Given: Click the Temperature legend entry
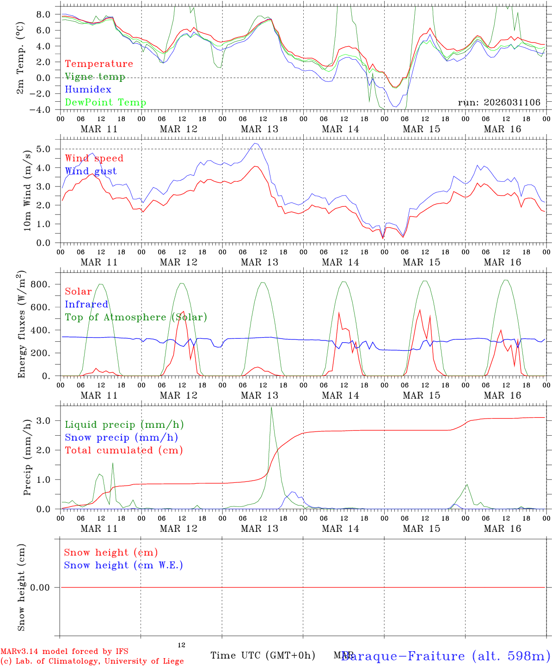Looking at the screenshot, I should pyautogui.click(x=99, y=64).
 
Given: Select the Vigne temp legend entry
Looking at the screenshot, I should pyautogui.click(x=95, y=77).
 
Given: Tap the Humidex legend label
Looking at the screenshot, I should pyautogui.click(x=88, y=89).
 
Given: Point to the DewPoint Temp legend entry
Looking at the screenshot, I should pyautogui.click(x=105, y=102).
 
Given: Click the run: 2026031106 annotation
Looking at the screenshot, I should pyautogui.click(x=499, y=102).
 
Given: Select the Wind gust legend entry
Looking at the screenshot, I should pyautogui.click(x=91, y=171).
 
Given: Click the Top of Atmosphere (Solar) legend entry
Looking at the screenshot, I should pyautogui.click(x=136, y=317).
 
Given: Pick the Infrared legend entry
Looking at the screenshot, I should pyautogui.click(x=86, y=304).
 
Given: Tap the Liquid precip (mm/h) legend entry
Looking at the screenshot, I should pyautogui.click(x=124, y=425).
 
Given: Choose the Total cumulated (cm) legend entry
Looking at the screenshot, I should pyautogui.click(x=124, y=450).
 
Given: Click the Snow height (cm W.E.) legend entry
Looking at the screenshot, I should pyautogui.click(x=123, y=565).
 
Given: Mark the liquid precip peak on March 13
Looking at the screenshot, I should pyautogui.click(x=271, y=407).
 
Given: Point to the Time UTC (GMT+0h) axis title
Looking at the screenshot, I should pyautogui.click(x=263, y=655).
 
